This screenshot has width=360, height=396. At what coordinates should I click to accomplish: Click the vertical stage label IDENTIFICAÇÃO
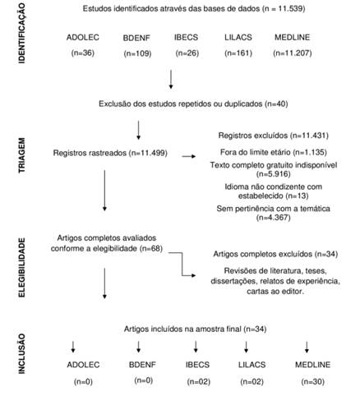pos(21,33)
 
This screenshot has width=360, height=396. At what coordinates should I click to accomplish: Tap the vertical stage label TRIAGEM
pos(21,155)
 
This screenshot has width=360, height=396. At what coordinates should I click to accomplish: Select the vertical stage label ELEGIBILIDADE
pos(21,267)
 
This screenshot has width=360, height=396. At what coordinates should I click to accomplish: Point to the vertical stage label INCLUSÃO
pos(21,353)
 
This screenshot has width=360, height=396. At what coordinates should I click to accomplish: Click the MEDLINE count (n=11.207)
pos(293,53)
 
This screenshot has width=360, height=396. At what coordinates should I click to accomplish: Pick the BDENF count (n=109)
pos(137,53)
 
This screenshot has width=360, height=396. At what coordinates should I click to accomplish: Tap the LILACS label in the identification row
pos(238,37)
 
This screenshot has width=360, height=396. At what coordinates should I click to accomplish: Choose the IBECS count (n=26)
pos(187,53)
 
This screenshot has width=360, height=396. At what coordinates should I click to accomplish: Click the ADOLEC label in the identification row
pos(83,37)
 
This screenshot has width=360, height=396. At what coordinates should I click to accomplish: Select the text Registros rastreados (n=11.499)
pos(110,153)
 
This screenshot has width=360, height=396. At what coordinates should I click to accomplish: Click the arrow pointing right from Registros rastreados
pos(189,156)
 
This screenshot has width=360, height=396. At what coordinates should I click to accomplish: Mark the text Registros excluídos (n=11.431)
pos(273,136)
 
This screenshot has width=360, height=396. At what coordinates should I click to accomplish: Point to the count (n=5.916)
pos(274,174)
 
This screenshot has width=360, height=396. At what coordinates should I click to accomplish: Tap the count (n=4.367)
pos(274,218)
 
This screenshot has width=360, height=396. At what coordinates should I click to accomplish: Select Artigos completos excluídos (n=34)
pos(275,254)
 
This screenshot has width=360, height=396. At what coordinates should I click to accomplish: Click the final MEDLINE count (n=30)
pos(312,381)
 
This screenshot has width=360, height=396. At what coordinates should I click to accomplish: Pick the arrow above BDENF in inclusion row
pos(139,347)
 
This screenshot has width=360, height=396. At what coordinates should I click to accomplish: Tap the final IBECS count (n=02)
pos(199,381)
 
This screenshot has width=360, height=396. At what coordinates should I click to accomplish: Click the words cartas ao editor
pos(275,291)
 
